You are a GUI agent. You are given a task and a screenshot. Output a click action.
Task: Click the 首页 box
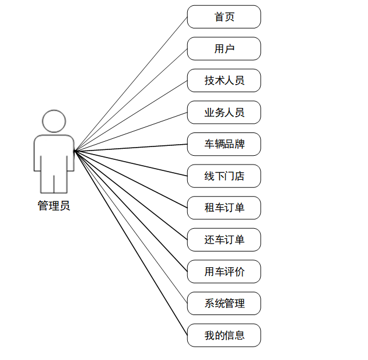tap(224, 17)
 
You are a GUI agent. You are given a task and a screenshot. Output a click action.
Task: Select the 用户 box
tap(224, 48)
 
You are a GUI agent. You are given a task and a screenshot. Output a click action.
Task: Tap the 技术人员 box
tap(224, 81)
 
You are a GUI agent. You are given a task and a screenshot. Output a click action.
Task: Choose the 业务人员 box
tap(224, 112)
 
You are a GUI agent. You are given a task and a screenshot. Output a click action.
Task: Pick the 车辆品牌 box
tap(224, 144)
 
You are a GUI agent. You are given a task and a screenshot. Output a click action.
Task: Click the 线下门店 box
tap(224, 176)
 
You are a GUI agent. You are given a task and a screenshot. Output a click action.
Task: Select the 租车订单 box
tap(224, 208)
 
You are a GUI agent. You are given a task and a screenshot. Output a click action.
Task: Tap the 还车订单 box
tap(224, 240)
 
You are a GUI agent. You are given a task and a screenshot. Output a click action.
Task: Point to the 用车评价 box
tap(224, 271)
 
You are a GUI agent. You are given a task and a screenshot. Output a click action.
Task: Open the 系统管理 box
tap(224, 303)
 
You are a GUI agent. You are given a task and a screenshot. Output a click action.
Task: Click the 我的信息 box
tap(224, 335)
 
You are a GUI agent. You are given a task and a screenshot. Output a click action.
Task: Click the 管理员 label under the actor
tap(54, 205)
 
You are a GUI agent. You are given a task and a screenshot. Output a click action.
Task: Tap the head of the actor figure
tap(54, 121)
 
